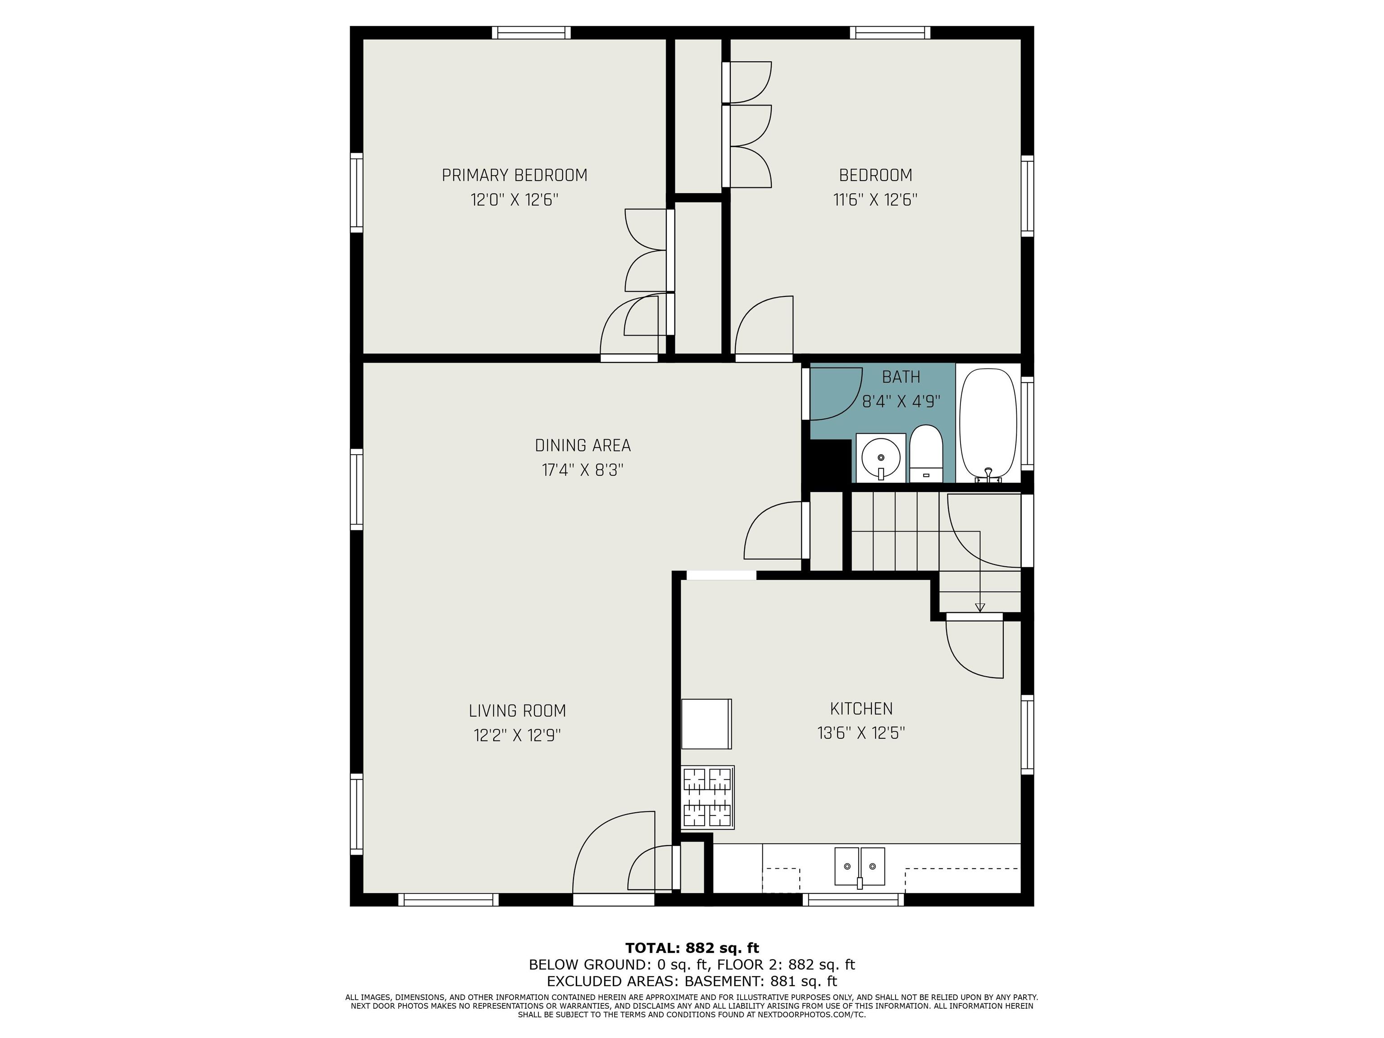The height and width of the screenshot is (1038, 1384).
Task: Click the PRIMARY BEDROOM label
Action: pos(514,175)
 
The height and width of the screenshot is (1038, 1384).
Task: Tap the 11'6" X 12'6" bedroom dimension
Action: pos(875,200)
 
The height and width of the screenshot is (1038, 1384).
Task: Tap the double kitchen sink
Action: pos(860,866)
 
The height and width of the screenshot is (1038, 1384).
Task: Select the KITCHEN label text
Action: pos(861,708)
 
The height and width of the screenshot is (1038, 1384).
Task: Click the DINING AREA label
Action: pos(583,446)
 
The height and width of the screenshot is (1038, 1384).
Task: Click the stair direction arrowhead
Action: pos(980,607)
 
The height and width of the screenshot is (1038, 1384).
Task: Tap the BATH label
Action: pos(901,377)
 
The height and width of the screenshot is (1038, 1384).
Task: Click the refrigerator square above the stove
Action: pos(706,724)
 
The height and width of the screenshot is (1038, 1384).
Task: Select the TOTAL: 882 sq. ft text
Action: pos(692,948)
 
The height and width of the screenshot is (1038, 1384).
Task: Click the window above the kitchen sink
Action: pos(853,900)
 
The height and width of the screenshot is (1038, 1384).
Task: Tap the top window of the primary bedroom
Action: pos(531,32)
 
